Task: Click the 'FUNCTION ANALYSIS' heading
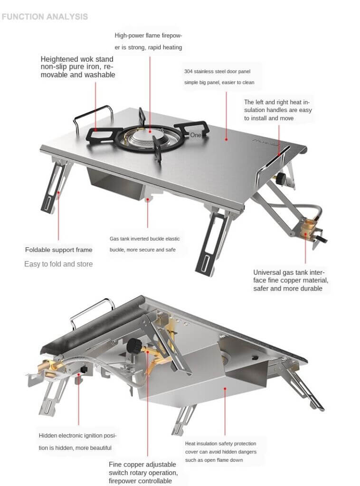pos(45,17)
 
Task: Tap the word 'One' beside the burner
pos(196,135)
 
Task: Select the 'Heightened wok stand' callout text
pos(77,67)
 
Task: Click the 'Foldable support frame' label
pos(58,250)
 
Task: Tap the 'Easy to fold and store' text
pos(58,264)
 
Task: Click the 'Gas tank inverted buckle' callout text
pos(144,243)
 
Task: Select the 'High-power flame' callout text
pos(148,41)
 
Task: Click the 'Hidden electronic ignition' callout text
pos(77,441)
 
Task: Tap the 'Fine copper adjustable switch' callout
pos(143,473)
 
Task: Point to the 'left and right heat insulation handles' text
pos(278,110)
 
